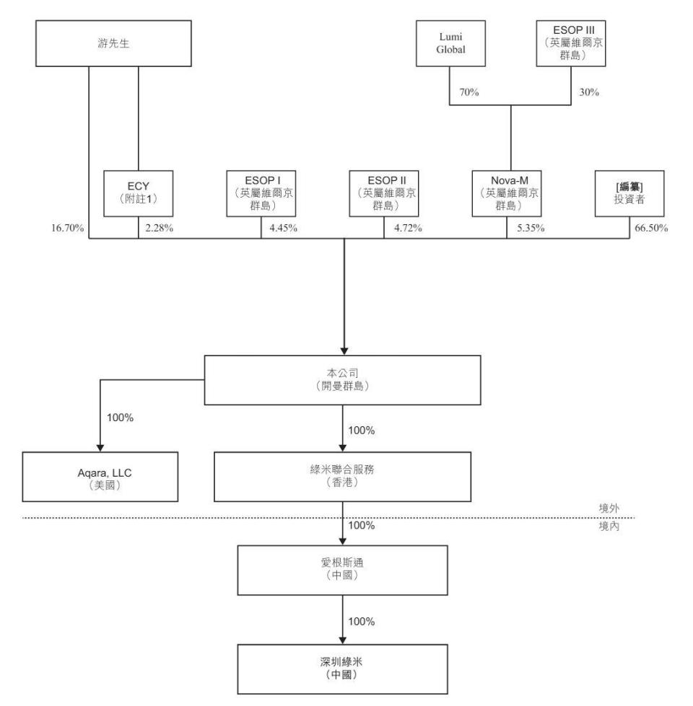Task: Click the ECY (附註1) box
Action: [x=137, y=193]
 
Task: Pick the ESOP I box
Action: [x=261, y=193]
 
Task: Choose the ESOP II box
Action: [x=383, y=193]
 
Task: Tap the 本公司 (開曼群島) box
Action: [x=344, y=379]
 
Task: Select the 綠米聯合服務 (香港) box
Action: [x=342, y=476]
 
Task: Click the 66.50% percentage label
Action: [x=650, y=229]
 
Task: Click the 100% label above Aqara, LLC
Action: [x=120, y=418]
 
